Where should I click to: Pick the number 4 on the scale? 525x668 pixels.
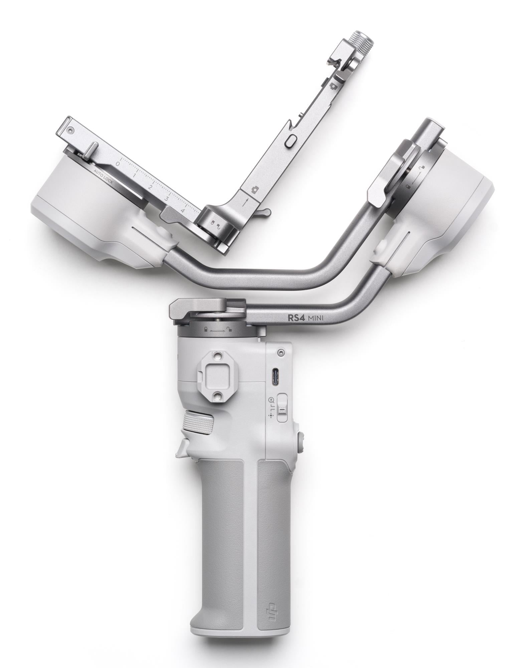pos(182,211)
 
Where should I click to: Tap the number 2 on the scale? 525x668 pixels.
pos(150,187)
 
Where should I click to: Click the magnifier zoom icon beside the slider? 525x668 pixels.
pos(271,399)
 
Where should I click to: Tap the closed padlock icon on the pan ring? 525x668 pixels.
pos(206,329)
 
